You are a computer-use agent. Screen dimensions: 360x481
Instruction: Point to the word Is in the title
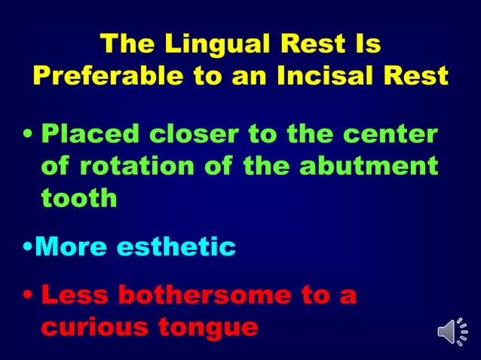369,44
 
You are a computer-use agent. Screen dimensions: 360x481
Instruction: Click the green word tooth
79,198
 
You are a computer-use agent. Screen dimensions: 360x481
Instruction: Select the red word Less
76,296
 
